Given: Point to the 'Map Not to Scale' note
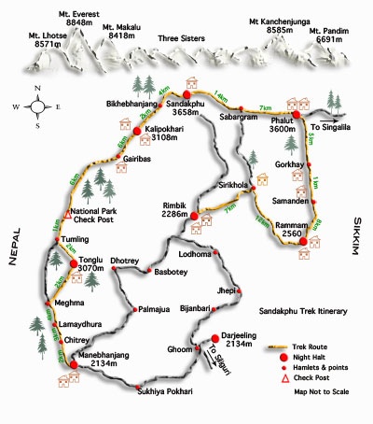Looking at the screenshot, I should click(x=321, y=392).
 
